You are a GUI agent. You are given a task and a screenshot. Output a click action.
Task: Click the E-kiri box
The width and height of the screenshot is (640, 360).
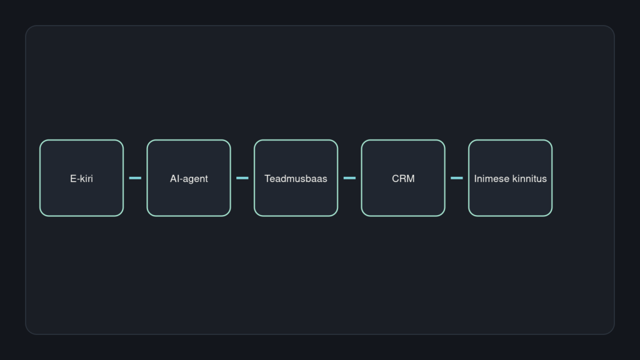82,178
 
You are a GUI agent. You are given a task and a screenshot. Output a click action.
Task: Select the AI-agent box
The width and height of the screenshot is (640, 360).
189,178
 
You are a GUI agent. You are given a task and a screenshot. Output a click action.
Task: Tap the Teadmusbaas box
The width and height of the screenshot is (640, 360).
296,178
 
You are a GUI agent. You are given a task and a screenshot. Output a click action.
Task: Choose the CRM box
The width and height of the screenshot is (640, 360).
403,178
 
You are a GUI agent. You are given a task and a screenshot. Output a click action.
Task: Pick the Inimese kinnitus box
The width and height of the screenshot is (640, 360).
510,178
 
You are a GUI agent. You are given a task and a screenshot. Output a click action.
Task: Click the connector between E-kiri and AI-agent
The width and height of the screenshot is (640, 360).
135,178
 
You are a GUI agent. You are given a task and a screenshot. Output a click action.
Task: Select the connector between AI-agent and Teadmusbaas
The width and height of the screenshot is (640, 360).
242,178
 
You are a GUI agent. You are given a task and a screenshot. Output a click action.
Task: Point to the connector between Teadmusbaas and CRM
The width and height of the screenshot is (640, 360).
349,178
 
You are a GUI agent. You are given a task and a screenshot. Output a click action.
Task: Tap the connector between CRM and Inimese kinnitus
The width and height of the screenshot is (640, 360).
457,178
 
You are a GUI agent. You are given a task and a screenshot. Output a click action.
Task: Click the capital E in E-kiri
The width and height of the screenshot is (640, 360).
73,178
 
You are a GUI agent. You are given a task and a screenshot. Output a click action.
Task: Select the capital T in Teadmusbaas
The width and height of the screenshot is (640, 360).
267,178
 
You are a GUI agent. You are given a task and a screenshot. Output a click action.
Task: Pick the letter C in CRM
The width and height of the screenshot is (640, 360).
395,178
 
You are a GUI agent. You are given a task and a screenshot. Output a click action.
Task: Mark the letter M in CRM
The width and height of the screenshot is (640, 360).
411,178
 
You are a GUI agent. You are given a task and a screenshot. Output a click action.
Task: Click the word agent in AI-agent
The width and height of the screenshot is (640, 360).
196,179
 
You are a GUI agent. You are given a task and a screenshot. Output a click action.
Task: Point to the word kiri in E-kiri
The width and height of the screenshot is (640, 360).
86,178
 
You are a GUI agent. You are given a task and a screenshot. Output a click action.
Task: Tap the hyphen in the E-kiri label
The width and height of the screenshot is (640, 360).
78,179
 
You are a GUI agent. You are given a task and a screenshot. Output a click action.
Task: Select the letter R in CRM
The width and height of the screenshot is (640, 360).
402,178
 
